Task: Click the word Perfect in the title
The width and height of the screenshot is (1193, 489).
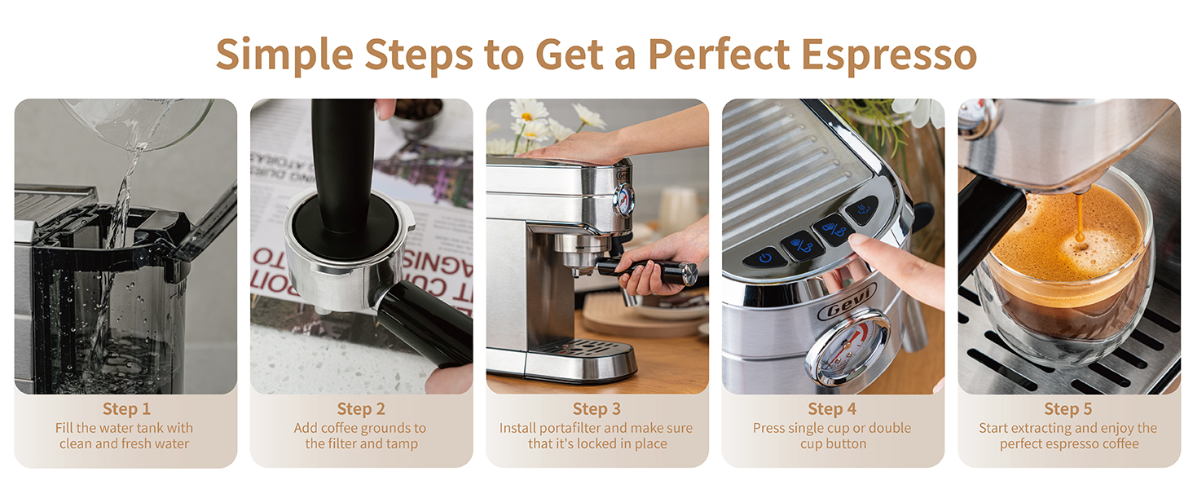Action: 718,55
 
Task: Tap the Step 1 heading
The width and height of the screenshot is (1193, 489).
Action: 126,409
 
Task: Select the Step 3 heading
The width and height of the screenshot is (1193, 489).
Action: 596,409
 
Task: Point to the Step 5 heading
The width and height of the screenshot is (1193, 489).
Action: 1068,409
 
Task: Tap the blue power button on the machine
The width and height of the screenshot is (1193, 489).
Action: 764,258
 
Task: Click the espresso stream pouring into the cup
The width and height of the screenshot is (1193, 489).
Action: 1079,217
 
